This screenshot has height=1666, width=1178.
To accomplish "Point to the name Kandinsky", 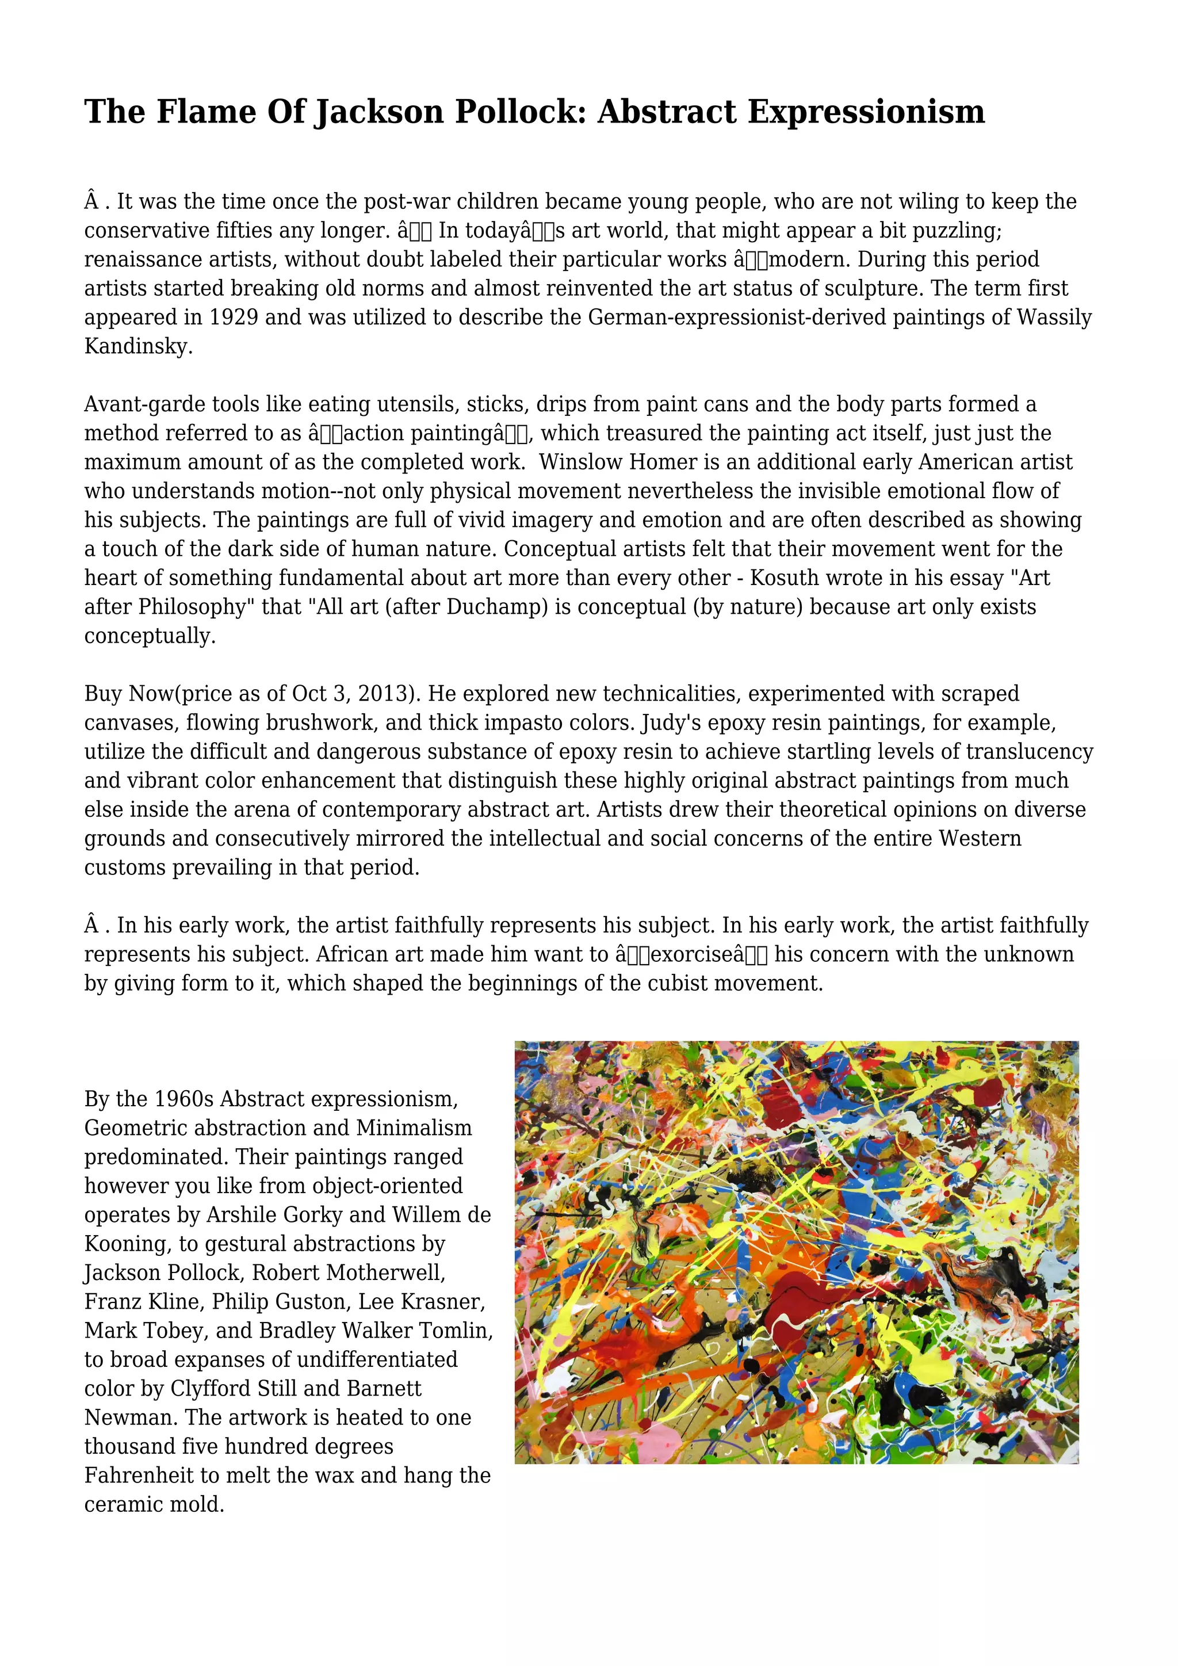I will [x=138, y=347].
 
